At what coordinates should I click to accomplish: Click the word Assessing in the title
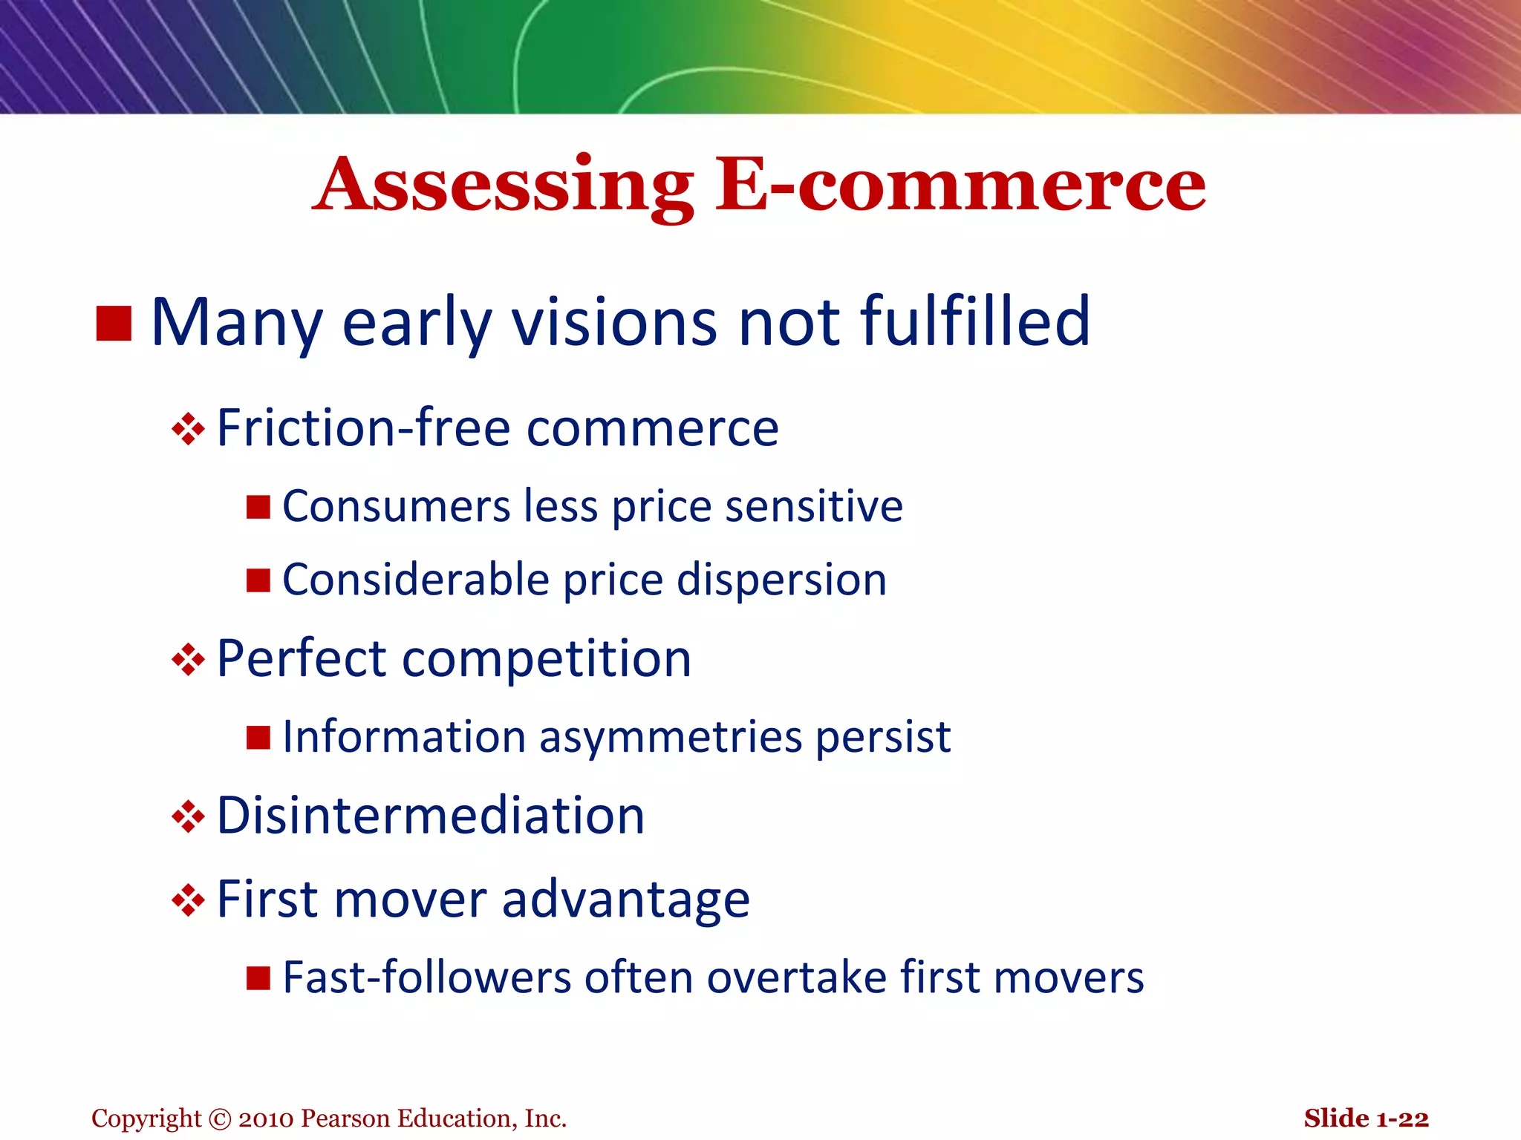[x=504, y=186]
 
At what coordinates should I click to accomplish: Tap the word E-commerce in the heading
[x=960, y=186]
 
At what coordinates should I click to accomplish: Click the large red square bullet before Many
[x=114, y=324]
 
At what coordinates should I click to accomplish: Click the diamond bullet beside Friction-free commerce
[x=188, y=429]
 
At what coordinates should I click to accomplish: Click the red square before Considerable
[x=258, y=580]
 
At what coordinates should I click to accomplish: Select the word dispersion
[x=781, y=580]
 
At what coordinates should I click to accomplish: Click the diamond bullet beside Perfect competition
[x=188, y=659]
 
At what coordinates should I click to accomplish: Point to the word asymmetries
[x=671, y=738]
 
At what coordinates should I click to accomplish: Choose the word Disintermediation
[x=431, y=816]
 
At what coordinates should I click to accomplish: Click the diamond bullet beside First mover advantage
[x=188, y=900]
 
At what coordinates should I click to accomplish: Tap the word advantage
[x=625, y=900]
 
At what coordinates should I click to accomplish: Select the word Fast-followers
[x=426, y=977]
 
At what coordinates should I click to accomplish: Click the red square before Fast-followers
[x=258, y=978]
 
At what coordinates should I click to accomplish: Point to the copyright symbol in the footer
[x=220, y=1118]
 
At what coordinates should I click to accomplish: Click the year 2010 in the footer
[x=266, y=1118]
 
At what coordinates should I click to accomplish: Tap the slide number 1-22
[x=1402, y=1118]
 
